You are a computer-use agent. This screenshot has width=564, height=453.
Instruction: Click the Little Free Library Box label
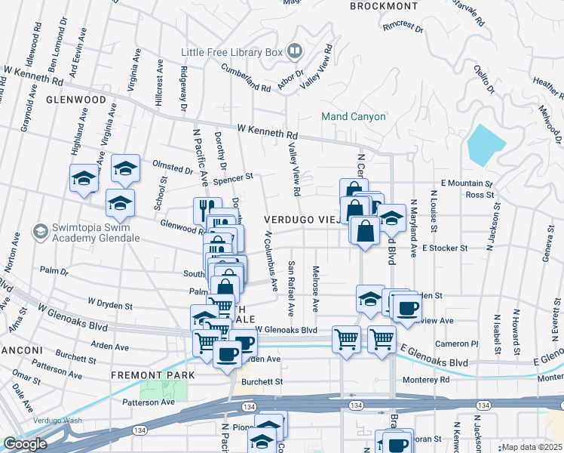coord(231,52)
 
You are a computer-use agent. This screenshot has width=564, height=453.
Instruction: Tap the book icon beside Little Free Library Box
coord(294,52)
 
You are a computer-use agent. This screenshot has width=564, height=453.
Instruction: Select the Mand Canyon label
coord(353,117)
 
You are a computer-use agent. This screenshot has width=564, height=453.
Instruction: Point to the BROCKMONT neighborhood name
coord(384,6)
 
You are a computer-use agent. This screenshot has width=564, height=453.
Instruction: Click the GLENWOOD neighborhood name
coord(75,100)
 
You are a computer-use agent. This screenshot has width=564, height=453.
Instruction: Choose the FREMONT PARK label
coord(153,375)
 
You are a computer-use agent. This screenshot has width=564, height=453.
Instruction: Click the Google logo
coord(26,444)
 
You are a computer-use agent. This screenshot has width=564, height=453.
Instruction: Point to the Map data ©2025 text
coord(532,447)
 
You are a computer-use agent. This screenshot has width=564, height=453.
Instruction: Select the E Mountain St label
coord(466,183)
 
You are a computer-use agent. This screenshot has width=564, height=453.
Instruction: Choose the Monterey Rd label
coord(426,380)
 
